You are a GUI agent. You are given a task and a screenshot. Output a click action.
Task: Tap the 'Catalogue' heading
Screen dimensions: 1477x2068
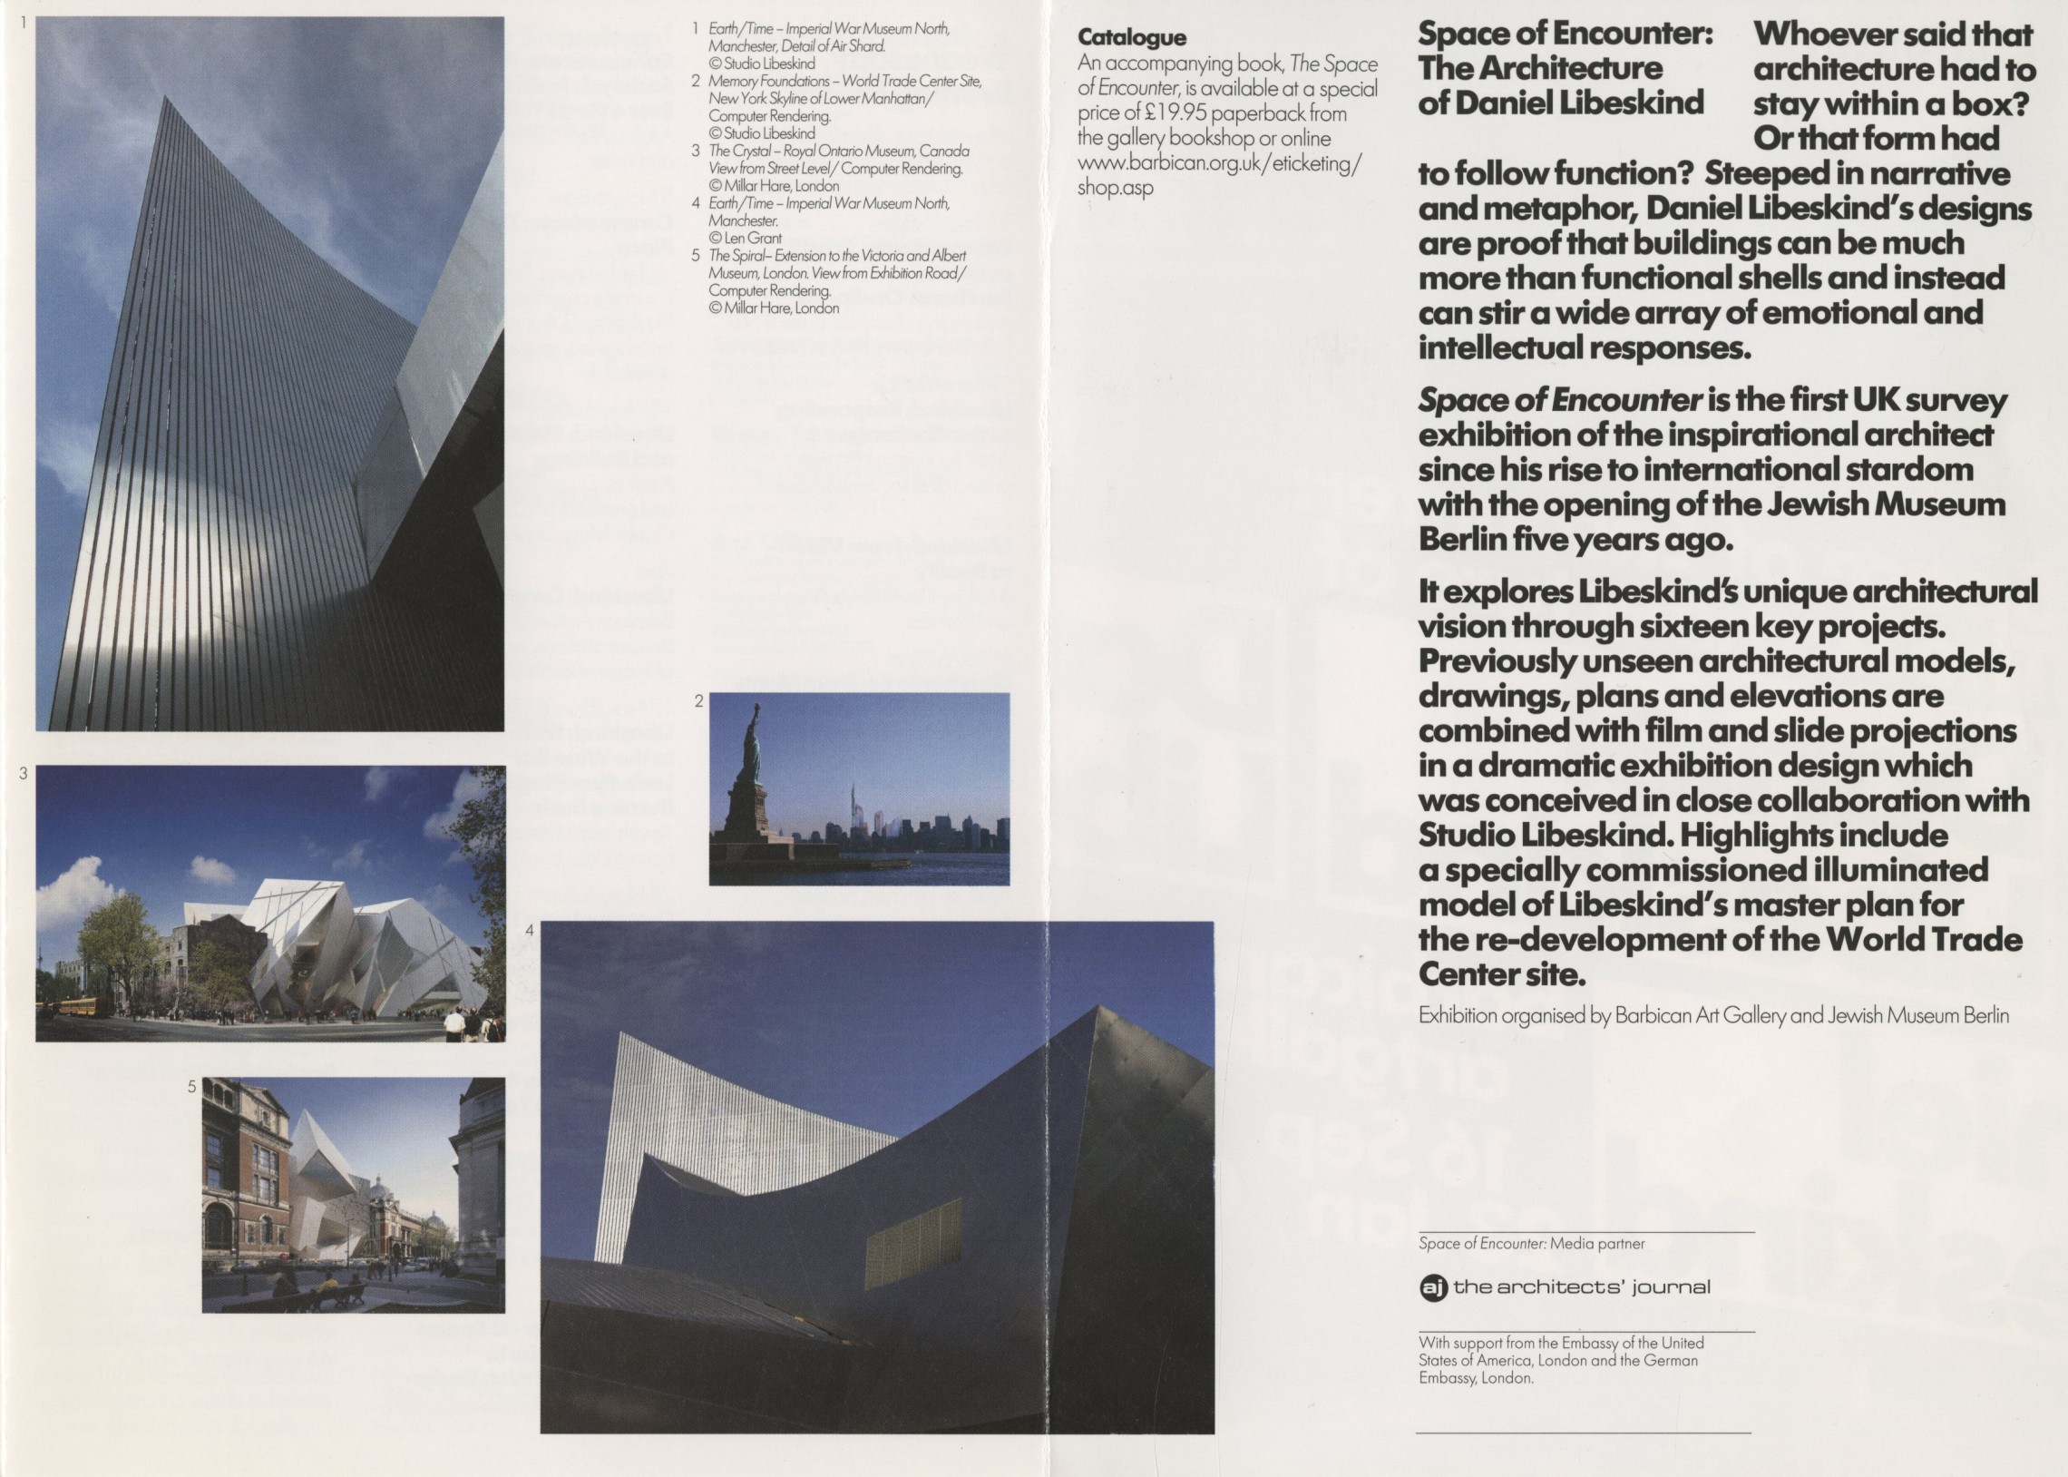[1132, 37]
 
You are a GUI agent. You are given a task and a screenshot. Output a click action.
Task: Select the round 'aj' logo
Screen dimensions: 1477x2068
[1432, 1286]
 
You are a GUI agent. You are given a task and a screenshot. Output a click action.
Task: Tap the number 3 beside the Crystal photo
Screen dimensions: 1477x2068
[24, 773]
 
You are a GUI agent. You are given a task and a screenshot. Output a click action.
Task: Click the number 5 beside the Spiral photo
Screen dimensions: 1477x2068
[191, 1086]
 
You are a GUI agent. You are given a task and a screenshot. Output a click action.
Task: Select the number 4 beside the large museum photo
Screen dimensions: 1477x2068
[530, 930]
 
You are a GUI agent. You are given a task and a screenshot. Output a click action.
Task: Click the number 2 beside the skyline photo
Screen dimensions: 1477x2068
[698, 700]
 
